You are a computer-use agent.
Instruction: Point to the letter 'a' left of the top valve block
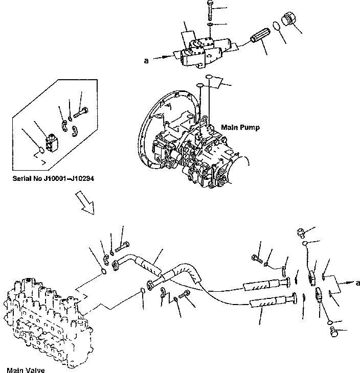[146, 60]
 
